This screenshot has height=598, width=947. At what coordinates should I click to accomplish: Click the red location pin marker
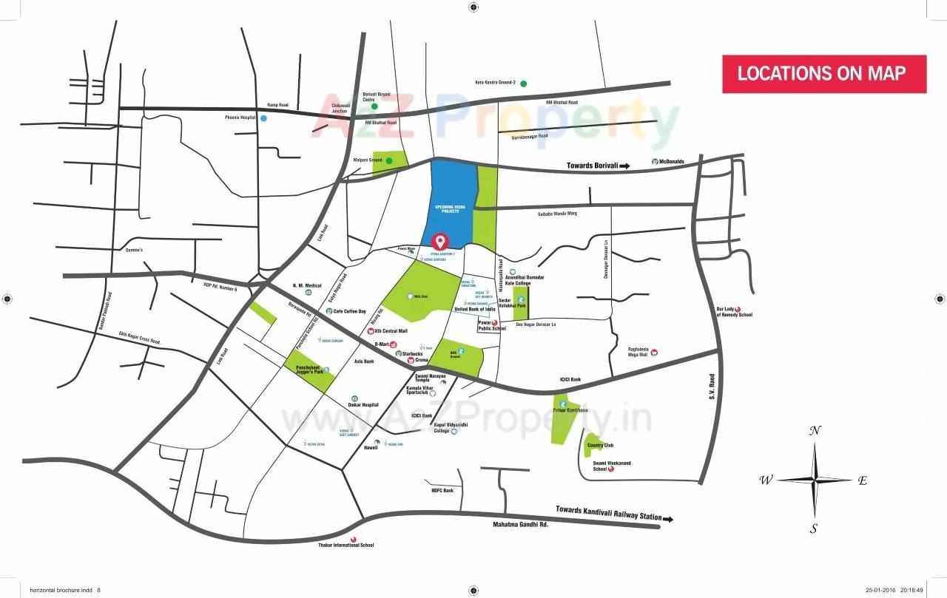pyautogui.click(x=441, y=241)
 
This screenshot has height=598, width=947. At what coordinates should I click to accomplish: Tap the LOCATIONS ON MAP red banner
pyautogui.click(x=823, y=73)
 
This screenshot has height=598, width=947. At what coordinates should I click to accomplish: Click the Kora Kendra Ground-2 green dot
pyautogui.click(x=523, y=83)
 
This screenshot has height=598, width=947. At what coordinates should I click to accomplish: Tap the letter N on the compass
pyautogui.click(x=815, y=431)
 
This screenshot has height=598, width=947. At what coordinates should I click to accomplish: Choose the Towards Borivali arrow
pyautogui.click(x=624, y=166)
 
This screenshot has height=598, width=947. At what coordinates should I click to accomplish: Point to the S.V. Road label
pyautogui.click(x=713, y=386)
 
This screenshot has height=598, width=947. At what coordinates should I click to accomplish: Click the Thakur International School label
pyautogui.click(x=352, y=545)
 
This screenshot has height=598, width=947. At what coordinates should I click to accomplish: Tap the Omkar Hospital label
pyautogui.click(x=363, y=404)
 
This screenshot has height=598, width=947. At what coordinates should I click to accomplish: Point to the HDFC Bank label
pyautogui.click(x=442, y=490)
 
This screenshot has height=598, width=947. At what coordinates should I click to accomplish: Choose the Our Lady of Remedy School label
pyautogui.click(x=734, y=312)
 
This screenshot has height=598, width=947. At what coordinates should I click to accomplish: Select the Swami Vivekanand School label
pyautogui.click(x=612, y=466)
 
